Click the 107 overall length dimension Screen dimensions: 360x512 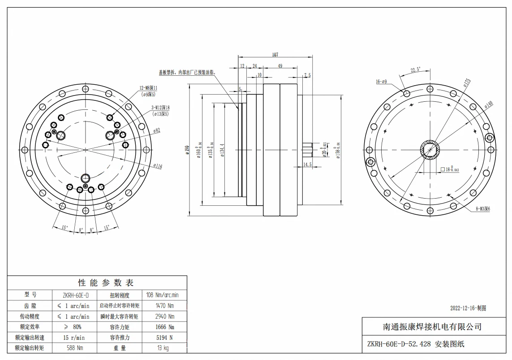(x=275, y=55)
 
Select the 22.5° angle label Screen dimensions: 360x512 (x=415, y=70)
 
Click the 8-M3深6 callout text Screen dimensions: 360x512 (x=480, y=209)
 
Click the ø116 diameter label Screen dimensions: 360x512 (x=157, y=166)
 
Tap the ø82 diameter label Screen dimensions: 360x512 (x=156, y=130)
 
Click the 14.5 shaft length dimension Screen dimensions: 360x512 (x=307, y=165)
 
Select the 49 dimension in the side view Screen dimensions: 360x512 (x=280, y=66)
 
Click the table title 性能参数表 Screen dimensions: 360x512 (x=106, y=283)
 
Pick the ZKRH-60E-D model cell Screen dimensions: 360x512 (x=73, y=295)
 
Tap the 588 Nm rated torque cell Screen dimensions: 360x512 (x=74, y=347)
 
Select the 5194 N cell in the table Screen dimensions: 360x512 (x=164, y=337)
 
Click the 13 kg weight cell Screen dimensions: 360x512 (x=163, y=347)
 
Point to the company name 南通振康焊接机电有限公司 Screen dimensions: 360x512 (x=432, y=327)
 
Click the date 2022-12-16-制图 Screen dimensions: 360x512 (x=468, y=308)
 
